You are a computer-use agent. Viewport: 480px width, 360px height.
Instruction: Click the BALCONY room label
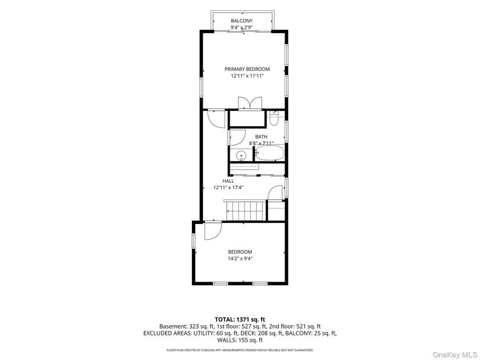(242, 21)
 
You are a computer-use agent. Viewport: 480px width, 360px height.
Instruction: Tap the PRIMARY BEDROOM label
(247, 69)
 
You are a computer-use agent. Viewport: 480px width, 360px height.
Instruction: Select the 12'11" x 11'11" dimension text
(247, 75)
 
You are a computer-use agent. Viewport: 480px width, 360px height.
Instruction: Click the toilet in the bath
(274, 119)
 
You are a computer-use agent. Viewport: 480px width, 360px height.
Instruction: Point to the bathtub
(270, 153)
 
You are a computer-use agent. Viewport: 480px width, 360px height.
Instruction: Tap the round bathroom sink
(241, 155)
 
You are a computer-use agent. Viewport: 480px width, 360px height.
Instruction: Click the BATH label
(261, 137)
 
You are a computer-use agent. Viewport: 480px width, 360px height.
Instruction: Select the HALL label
(228, 181)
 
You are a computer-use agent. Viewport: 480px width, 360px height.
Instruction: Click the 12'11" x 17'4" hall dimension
(228, 187)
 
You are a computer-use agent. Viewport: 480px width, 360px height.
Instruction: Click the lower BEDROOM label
(240, 252)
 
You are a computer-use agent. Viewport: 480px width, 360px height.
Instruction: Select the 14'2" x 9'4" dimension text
(240, 258)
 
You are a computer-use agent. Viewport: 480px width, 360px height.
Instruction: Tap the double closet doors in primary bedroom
(250, 103)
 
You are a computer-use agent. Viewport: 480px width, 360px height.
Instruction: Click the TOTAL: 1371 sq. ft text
(239, 320)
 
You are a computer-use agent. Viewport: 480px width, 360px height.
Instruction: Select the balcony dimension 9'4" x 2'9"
(242, 27)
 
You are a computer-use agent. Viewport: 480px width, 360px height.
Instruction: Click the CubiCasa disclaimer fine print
(239, 350)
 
